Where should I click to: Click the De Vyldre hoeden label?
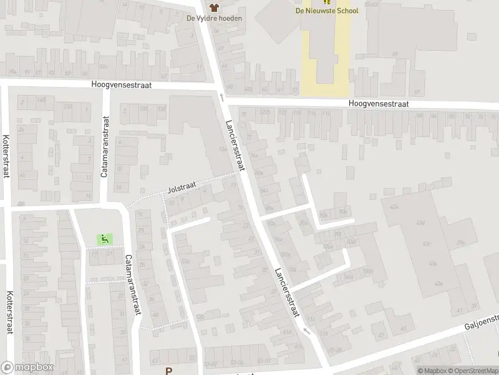point(214,18)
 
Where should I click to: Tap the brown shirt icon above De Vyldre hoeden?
point(215,7)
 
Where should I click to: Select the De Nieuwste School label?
point(327,11)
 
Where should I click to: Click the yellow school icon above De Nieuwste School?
point(327,2)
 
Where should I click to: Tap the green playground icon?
point(104,238)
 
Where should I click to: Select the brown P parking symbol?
point(168,371)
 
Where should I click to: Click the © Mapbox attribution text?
point(433,371)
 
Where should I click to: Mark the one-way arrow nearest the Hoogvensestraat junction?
point(221,97)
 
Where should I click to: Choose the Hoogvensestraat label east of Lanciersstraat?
point(379,104)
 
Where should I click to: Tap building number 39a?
point(460,242)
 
